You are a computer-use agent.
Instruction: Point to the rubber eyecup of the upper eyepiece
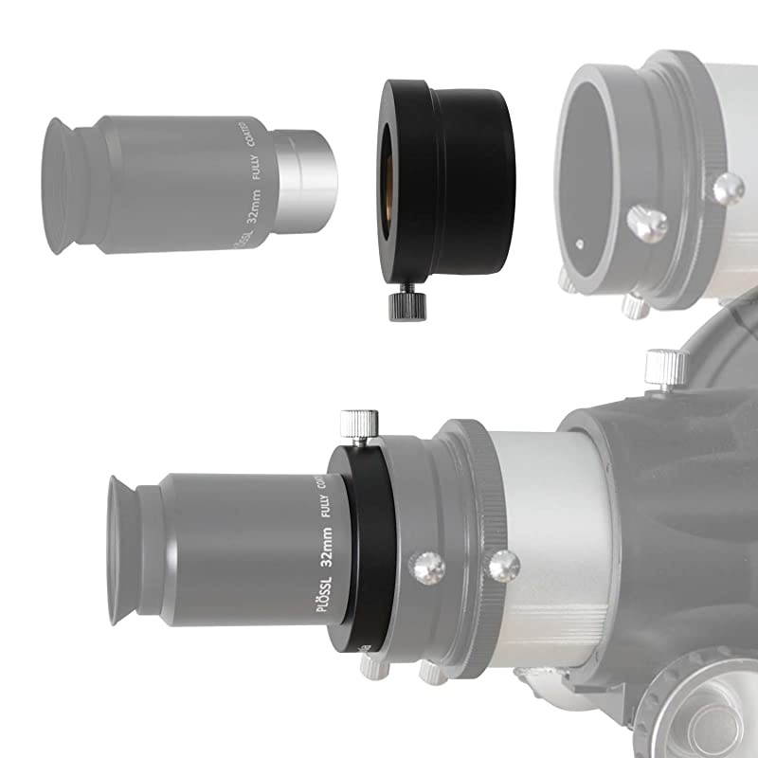coord(64,186)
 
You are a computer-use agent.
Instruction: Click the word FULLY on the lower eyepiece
coord(317,507)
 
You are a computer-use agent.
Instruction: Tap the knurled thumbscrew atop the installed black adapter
coord(359,423)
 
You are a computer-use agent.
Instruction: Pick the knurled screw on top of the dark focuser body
coord(666,368)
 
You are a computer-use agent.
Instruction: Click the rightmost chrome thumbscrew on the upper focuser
coord(728,188)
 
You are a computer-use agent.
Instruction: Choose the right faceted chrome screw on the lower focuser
coord(499,567)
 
